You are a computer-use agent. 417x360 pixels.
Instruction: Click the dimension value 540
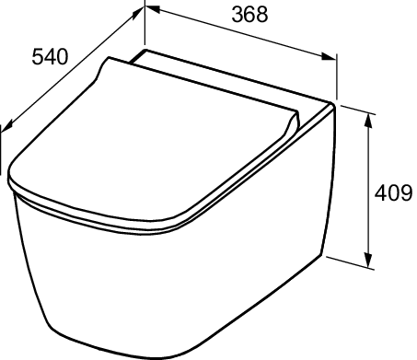coord(50,57)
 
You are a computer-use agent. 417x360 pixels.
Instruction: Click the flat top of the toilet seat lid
coord(156,138)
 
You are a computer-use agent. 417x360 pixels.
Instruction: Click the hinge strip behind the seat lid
coord(230,78)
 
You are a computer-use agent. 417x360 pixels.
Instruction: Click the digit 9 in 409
coord(406,193)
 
